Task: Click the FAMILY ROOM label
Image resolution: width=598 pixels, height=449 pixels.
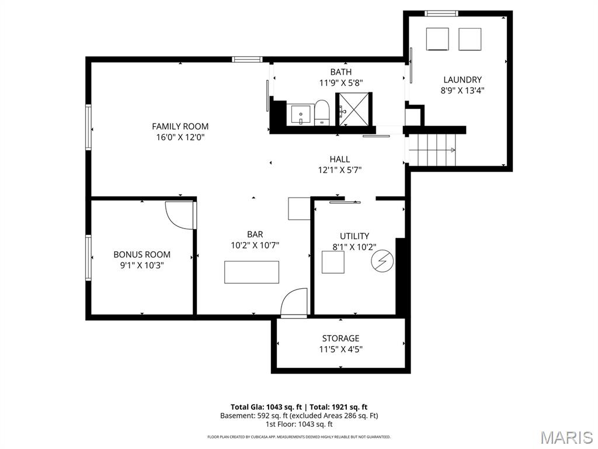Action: pos(180,126)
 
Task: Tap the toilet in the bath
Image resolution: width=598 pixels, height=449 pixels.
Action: pos(322,112)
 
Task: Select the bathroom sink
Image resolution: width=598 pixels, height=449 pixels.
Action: pos(301,115)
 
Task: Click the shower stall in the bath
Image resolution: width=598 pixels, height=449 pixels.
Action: pos(353,109)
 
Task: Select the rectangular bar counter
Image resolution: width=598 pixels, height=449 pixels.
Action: pos(251,272)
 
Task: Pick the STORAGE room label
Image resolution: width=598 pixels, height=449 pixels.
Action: pos(340,339)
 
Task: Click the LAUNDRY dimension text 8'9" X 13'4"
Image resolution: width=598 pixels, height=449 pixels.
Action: pos(463,91)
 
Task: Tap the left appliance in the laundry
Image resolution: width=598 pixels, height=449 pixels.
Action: pos(437,39)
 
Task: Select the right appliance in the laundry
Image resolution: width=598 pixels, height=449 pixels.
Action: pos(470,39)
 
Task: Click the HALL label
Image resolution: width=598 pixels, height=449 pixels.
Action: pos(339,159)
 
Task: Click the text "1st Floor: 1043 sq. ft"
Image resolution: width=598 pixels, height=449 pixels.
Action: pos(299,424)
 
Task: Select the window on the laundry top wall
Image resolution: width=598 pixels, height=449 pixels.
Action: pos(441,13)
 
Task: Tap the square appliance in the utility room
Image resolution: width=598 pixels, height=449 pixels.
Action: pos(333,263)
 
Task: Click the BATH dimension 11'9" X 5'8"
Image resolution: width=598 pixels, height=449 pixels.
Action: pos(340,82)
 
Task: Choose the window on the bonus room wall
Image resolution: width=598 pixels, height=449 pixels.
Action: pos(89,258)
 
